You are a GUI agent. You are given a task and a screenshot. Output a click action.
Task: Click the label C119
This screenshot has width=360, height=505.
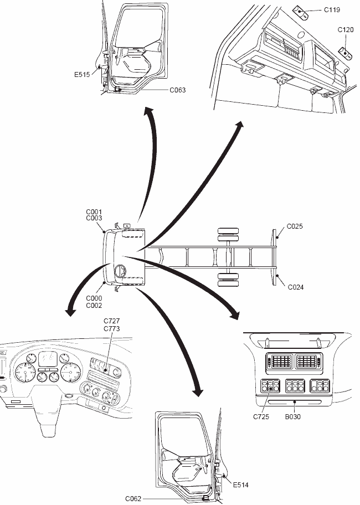point(332,9)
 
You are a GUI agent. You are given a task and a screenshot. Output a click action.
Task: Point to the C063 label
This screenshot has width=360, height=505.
point(178,89)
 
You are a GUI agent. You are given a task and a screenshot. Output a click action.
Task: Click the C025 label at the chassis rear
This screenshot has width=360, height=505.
point(294,226)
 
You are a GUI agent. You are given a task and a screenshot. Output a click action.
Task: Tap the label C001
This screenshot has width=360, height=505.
point(94,212)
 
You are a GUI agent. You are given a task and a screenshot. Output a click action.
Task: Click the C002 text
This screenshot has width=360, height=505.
point(94,305)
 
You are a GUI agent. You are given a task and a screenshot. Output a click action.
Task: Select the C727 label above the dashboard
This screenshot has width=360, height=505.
point(112,321)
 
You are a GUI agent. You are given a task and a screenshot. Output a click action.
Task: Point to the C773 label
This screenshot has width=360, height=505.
point(112,328)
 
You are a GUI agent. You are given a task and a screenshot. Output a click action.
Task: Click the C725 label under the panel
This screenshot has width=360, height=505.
point(261,416)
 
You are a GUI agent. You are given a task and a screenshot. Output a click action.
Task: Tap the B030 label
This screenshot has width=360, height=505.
point(293,416)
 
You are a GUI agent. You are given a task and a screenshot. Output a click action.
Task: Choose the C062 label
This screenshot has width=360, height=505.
point(134,498)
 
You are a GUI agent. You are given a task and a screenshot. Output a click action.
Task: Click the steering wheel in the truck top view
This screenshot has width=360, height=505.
point(119,271)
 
